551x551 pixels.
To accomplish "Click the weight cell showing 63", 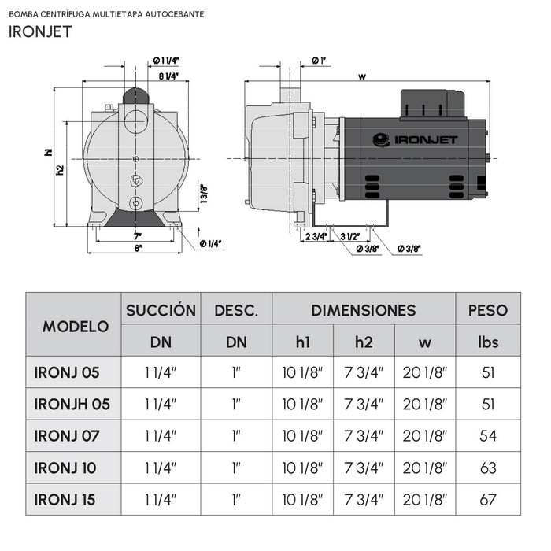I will click(488, 468).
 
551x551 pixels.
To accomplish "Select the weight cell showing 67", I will click(488, 499).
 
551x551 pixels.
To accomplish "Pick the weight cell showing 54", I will click(488, 435).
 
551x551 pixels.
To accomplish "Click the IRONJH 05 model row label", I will click(72, 404).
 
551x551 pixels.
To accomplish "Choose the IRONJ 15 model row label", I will click(67, 499).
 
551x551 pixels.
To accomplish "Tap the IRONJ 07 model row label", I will click(67, 435).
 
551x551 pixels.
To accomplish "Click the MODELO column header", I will click(76, 326).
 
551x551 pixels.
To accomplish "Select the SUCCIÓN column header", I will click(161, 310).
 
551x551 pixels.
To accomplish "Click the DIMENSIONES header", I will click(363, 310).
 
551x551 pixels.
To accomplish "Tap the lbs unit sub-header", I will click(489, 342).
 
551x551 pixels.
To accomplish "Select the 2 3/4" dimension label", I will click(315, 236).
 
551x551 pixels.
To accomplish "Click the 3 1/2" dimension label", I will click(351, 236).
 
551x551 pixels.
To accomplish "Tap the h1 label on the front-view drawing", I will click(48, 153).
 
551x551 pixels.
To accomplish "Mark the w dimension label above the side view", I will click(361, 76).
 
